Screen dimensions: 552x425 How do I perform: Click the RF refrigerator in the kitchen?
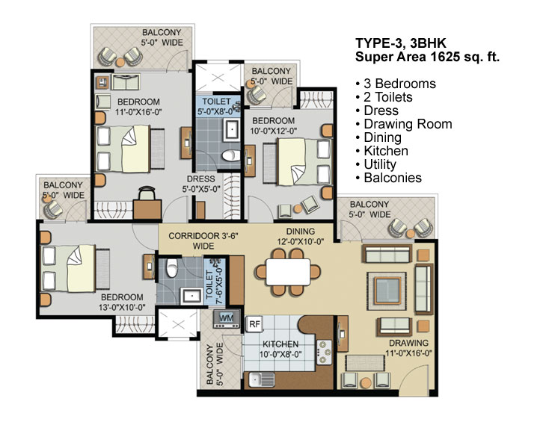click(x=254, y=323)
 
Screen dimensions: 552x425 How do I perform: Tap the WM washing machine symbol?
click(x=227, y=318)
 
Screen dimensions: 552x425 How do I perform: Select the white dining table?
click(x=288, y=272)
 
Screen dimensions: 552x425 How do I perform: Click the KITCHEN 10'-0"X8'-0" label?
click(x=280, y=349)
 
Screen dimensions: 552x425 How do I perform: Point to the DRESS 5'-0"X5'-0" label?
click(x=201, y=184)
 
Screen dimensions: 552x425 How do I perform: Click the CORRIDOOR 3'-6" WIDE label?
click(x=203, y=241)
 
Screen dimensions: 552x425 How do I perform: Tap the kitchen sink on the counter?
click(x=262, y=380)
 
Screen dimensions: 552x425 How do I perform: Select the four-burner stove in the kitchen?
click(x=324, y=352)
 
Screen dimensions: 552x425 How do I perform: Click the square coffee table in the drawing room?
click(x=387, y=291)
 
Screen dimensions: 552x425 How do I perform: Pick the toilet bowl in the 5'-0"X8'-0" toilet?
click(x=231, y=155)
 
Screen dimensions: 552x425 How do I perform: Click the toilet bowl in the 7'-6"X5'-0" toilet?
click(x=172, y=268)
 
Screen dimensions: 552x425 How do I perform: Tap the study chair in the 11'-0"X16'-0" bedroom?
click(x=147, y=193)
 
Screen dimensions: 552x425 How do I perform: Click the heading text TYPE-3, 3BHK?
click(x=401, y=43)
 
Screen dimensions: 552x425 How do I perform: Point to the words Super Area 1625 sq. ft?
click(x=427, y=57)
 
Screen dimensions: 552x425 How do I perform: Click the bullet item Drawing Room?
click(x=404, y=124)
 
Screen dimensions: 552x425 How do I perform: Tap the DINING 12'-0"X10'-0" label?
click(x=300, y=236)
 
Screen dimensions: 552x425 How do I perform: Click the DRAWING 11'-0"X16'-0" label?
click(x=408, y=348)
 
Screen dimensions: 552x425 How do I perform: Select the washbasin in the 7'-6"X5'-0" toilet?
click(x=191, y=296)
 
